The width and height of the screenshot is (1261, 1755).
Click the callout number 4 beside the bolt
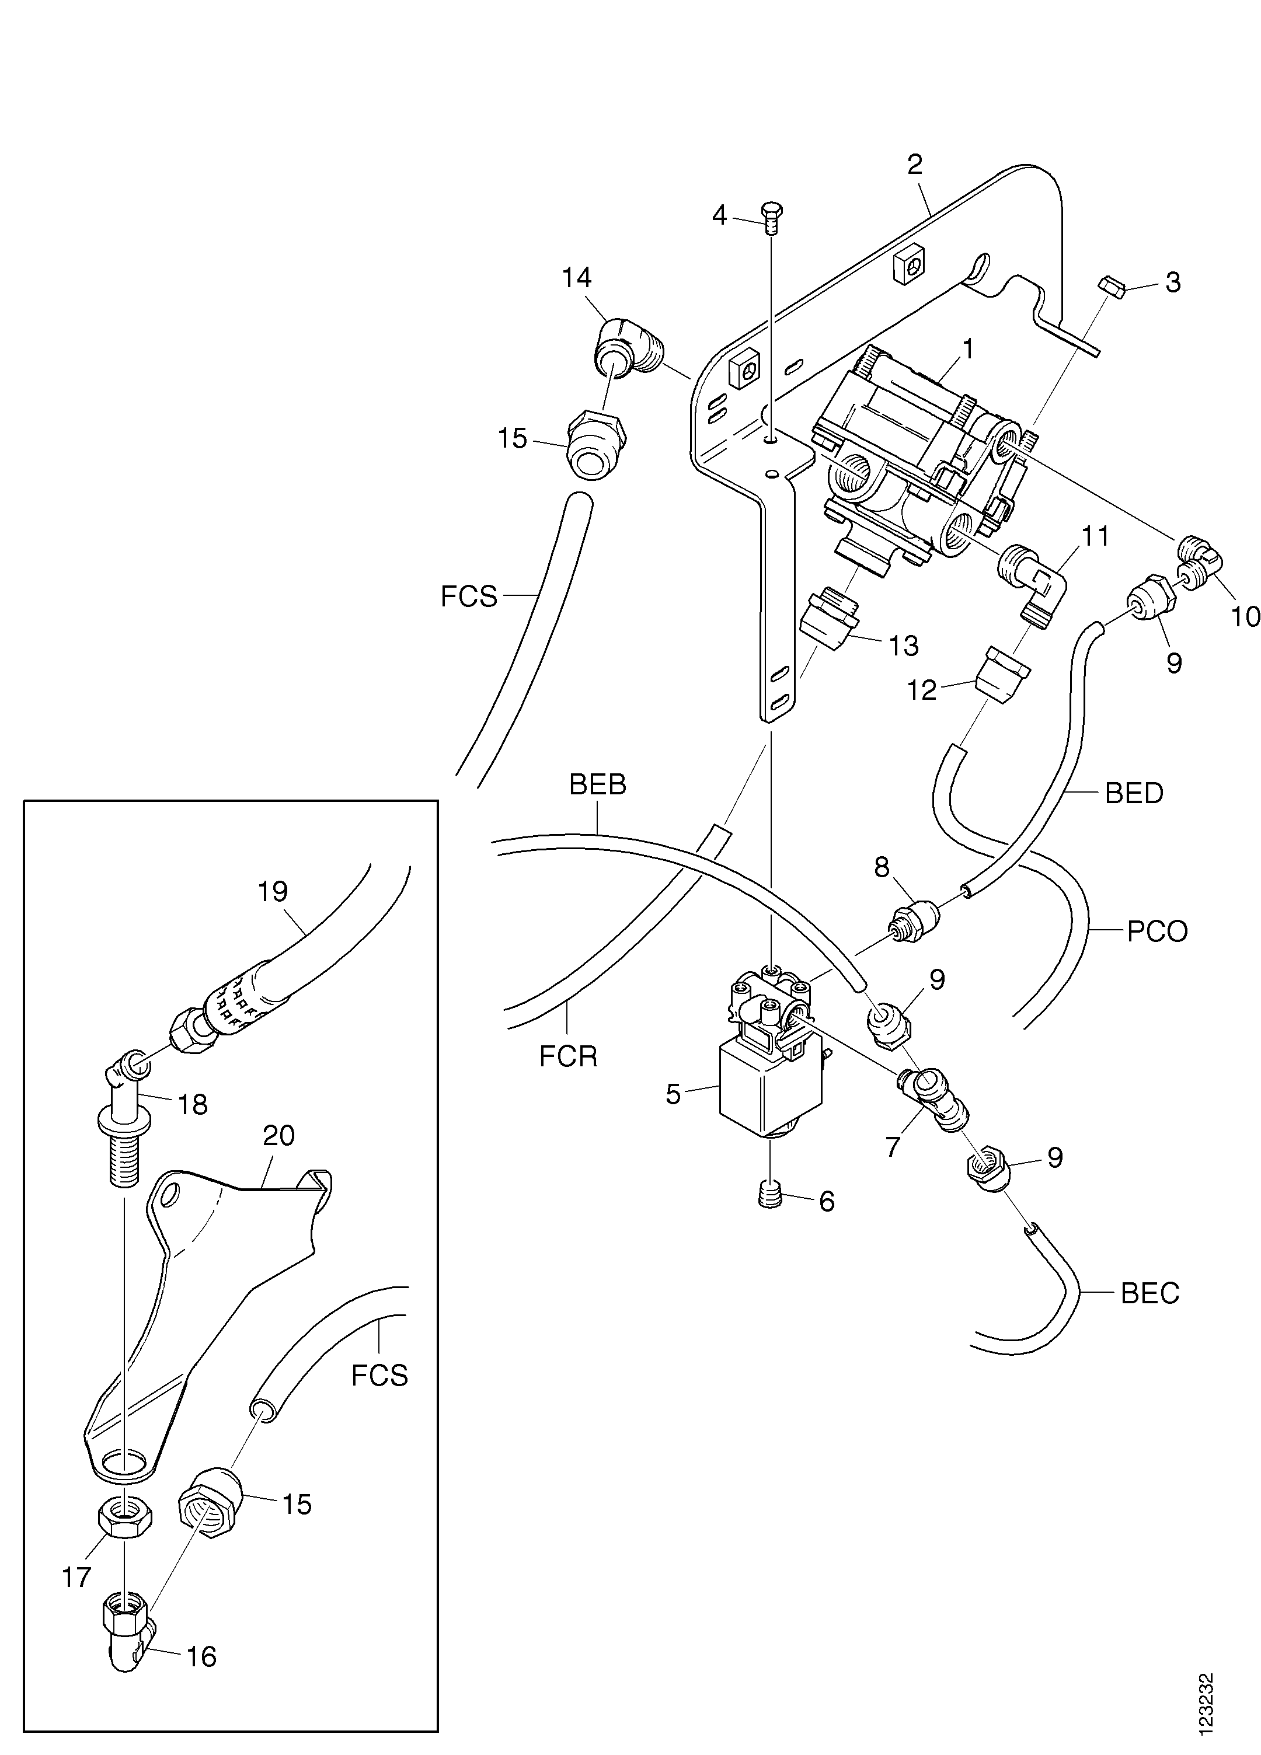(720, 216)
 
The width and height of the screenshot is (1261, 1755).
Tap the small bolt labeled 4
(772, 219)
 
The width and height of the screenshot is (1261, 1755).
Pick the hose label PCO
(1157, 931)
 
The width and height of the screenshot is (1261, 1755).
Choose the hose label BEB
(598, 784)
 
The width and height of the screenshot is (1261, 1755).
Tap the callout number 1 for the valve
(967, 349)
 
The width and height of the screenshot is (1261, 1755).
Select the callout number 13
(903, 646)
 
